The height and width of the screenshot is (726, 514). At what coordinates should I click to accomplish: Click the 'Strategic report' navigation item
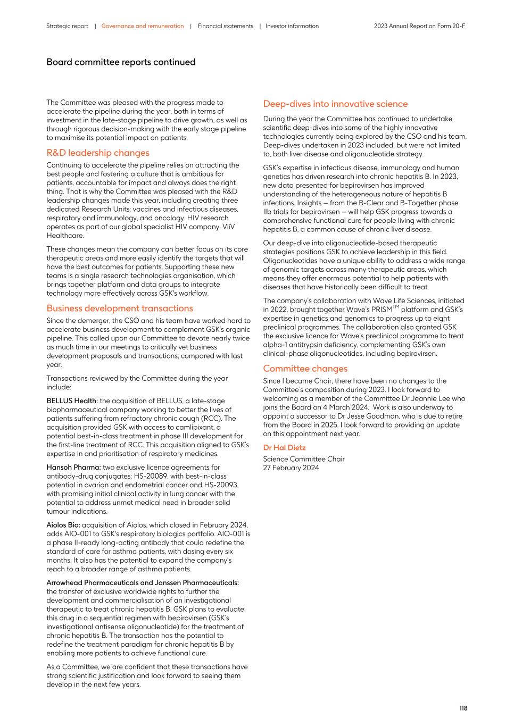[x=67, y=26]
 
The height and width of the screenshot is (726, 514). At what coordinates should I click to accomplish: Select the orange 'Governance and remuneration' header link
[x=142, y=26]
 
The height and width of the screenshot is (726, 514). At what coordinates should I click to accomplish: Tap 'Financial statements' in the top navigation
[x=225, y=26]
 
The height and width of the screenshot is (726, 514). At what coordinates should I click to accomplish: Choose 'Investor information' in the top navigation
[x=292, y=26]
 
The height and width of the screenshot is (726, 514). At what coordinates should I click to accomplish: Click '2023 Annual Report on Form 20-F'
[x=419, y=26]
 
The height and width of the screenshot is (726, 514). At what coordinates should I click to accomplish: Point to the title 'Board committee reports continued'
[x=121, y=62]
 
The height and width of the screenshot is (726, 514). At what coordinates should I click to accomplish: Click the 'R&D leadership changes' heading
[x=98, y=153]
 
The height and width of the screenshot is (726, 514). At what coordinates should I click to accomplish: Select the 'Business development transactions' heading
[x=120, y=308]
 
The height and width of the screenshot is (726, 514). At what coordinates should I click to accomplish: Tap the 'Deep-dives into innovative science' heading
[x=335, y=104]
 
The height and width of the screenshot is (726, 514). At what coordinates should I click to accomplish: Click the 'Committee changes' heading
[x=305, y=369]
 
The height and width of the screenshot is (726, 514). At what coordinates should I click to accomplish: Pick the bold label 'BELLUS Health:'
[x=72, y=401]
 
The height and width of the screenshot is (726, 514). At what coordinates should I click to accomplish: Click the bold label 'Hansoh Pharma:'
[x=73, y=468]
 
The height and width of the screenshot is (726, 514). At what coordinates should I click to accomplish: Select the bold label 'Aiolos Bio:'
[x=63, y=525]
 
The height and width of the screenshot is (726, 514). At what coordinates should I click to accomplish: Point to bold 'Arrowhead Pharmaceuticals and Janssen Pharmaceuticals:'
[x=143, y=583]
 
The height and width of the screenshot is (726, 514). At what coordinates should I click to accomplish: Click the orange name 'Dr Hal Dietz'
[x=284, y=448]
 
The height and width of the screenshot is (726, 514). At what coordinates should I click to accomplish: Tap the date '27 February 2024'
[x=291, y=468]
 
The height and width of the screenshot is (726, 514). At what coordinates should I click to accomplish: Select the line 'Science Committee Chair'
[x=304, y=459]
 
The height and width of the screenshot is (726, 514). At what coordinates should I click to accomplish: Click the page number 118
[x=463, y=708]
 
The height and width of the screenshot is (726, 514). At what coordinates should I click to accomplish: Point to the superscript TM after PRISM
[x=395, y=307]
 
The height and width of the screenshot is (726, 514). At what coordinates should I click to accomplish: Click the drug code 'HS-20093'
[x=220, y=485]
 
